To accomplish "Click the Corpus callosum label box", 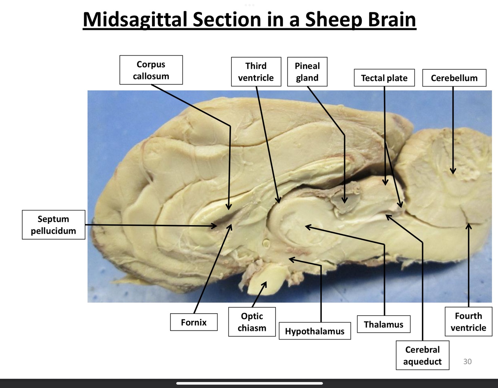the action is click(x=151, y=70).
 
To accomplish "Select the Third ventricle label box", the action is click(x=256, y=72).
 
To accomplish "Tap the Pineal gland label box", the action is click(x=307, y=72).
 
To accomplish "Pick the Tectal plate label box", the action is click(x=384, y=78).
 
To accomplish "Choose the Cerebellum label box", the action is click(x=454, y=78).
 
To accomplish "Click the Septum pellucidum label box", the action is click(x=53, y=224).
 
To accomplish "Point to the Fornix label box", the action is click(x=193, y=322).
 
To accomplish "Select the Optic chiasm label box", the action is click(x=252, y=322).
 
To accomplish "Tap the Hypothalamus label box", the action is click(x=314, y=331).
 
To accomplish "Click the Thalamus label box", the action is click(x=383, y=324).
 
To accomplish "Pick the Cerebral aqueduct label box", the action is click(x=422, y=355).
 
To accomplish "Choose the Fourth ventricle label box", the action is click(x=468, y=322).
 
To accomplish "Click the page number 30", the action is click(x=467, y=361).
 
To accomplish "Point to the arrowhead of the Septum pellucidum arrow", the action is click(x=216, y=226).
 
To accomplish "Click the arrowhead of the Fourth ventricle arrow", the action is click(x=469, y=224).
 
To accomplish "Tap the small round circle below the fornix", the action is click(x=266, y=243).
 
